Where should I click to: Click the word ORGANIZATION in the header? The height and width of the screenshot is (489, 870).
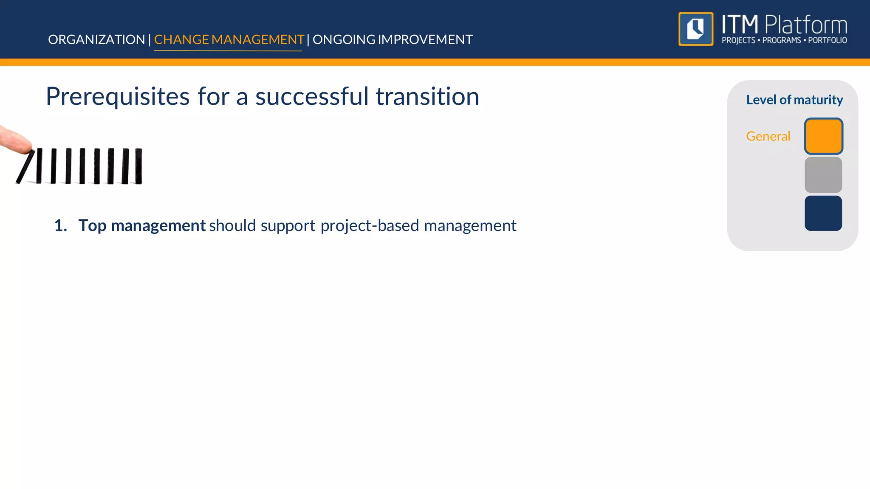[x=96, y=39]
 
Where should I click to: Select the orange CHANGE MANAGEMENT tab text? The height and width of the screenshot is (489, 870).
[x=229, y=39]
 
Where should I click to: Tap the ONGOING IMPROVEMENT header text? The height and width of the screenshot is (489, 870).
[x=393, y=39]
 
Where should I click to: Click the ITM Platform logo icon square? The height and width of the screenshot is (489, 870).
[x=696, y=29]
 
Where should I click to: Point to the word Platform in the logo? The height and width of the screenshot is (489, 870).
[x=806, y=25]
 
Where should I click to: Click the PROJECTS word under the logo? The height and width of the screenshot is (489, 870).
[x=738, y=40]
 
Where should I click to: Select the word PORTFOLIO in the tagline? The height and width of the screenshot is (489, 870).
[x=827, y=40]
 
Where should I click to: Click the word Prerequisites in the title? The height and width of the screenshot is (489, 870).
[x=118, y=97]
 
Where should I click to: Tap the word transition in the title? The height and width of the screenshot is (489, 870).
[x=427, y=97]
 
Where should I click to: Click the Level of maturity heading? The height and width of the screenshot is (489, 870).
[x=794, y=100]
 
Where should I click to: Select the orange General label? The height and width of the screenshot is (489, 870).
[x=768, y=136]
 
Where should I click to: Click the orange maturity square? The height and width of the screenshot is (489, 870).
[x=823, y=136]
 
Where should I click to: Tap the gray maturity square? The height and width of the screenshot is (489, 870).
[x=823, y=175]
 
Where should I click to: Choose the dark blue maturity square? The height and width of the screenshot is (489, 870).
[x=823, y=213]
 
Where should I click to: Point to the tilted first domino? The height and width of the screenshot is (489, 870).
[x=25, y=167]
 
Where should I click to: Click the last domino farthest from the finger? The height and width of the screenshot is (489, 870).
[x=138, y=166]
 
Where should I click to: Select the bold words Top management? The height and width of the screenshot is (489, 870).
[x=142, y=225]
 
